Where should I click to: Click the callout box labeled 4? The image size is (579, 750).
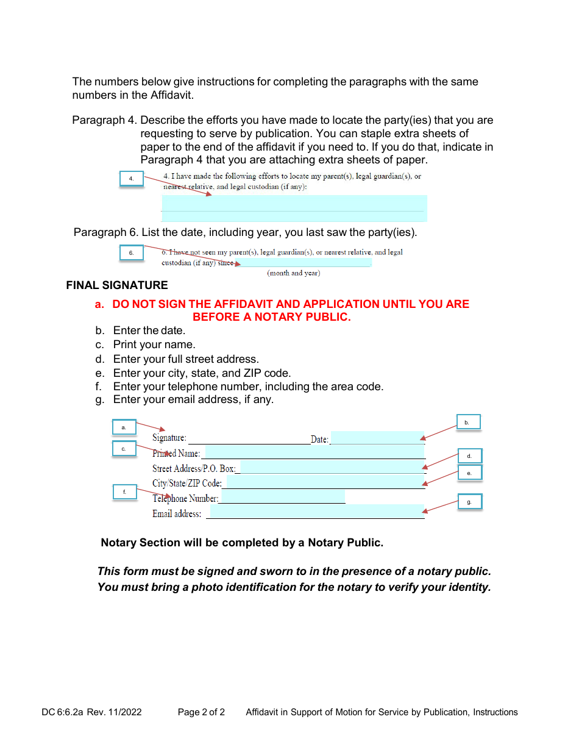tap(131, 179)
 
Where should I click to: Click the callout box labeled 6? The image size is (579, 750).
tap(131, 252)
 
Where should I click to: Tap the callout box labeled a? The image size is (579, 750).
tap(124, 427)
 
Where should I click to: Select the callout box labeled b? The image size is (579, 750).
tap(469, 422)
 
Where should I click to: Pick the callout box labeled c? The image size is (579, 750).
tap(124, 449)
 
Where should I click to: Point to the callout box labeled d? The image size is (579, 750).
tap(470, 456)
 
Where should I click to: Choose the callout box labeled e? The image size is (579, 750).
tap(470, 473)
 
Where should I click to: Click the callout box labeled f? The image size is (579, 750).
tap(125, 492)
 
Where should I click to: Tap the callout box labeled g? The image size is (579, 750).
tap(470, 502)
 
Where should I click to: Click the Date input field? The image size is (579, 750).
tap(377, 438)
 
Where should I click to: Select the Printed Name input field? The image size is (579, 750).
tap(314, 452)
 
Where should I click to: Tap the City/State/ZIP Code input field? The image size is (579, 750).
tap(325, 482)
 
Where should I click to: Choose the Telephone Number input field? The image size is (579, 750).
tap(282, 497)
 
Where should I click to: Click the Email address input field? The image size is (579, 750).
tap(316, 512)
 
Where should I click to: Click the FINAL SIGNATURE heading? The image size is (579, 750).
tap(117, 285)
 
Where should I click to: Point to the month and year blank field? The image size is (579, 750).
tap(304, 263)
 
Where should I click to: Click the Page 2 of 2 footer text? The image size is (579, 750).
tap(201, 712)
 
